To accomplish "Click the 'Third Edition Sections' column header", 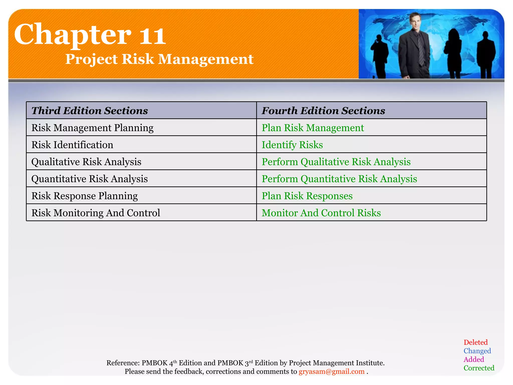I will pyautogui.click(x=89, y=111).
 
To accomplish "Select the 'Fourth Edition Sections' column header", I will pyautogui.click(x=323, y=111).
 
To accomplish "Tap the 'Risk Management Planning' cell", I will pyautogui.click(x=92, y=128).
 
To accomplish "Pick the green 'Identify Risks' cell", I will pyautogui.click(x=292, y=145).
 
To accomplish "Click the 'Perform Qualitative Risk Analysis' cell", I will pyautogui.click(x=336, y=162).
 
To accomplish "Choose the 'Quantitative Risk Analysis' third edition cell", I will pyautogui.click(x=89, y=179).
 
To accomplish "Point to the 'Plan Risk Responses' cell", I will pyautogui.click(x=307, y=196).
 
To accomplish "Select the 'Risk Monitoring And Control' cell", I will pyautogui.click(x=96, y=213).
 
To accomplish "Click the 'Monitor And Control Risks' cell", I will pyautogui.click(x=321, y=213).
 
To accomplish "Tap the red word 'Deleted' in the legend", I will pyautogui.click(x=475, y=342).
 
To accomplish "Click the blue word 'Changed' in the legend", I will pyautogui.click(x=477, y=351).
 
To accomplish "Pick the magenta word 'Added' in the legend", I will pyautogui.click(x=474, y=359).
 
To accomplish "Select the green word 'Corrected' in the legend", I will pyautogui.click(x=479, y=368).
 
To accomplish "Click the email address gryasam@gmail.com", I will pyautogui.click(x=331, y=371).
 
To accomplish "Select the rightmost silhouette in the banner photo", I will pyautogui.click(x=486, y=55).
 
